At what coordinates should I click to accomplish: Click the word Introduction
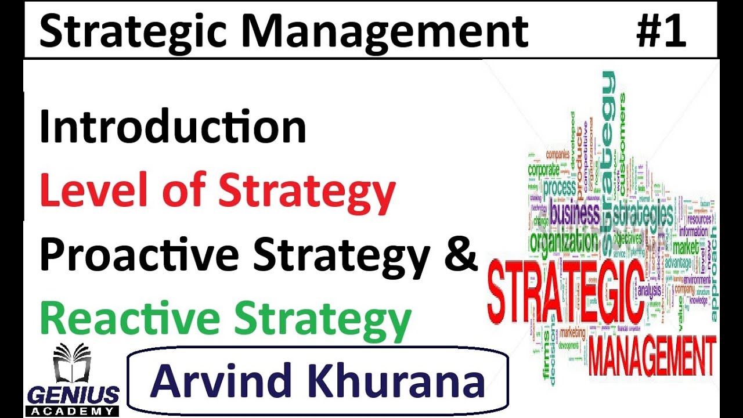[172, 128]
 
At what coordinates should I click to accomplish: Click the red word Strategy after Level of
[306, 193]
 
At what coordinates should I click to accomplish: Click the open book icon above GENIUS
[72, 364]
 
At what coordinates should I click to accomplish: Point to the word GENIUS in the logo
[73, 395]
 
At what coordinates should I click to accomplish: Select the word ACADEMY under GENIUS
[73, 411]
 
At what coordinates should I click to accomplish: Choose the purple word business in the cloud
[574, 214]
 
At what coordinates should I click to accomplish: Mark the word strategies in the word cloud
[643, 215]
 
